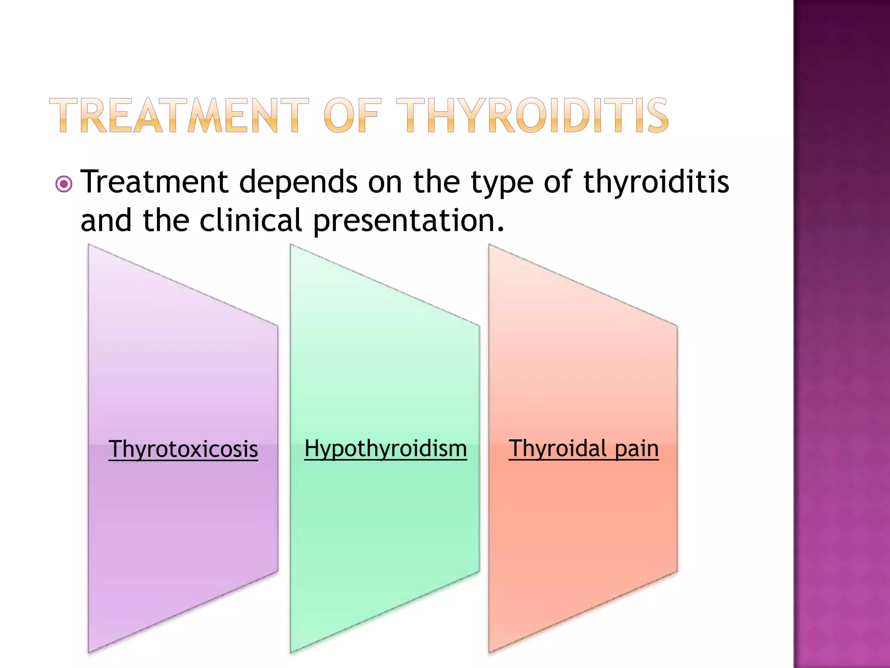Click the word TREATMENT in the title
pos(179,116)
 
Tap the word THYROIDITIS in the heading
pos(532,116)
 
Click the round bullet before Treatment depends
pos(64,184)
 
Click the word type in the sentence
pos(502,183)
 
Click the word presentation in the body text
pos(408,221)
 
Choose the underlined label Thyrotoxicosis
pos(183,449)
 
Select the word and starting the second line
pos(106,220)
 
